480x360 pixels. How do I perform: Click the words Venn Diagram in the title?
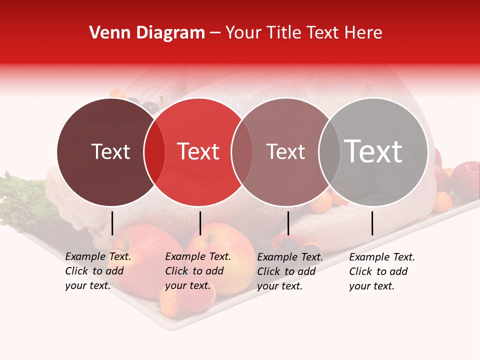[x=147, y=33]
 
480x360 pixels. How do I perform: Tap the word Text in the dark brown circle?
[x=110, y=152]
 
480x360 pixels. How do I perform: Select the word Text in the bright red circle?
[x=198, y=152]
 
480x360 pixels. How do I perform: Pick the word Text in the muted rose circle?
[x=285, y=152]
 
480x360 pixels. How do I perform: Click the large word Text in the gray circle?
[x=373, y=151]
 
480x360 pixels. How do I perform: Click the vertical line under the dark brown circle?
[x=112, y=223]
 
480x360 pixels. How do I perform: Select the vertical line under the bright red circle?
[x=200, y=223]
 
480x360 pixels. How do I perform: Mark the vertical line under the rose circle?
[x=288, y=223]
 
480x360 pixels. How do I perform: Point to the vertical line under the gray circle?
[x=372, y=223]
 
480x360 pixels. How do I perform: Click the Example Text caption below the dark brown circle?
[x=97, y=271]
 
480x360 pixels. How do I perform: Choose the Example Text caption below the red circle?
[x=197, y=271]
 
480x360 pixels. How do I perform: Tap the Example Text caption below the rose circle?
[x=289, y=271]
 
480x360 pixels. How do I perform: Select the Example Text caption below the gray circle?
[x=381, y=271]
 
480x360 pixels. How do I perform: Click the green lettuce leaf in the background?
[x=20, y=200]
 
